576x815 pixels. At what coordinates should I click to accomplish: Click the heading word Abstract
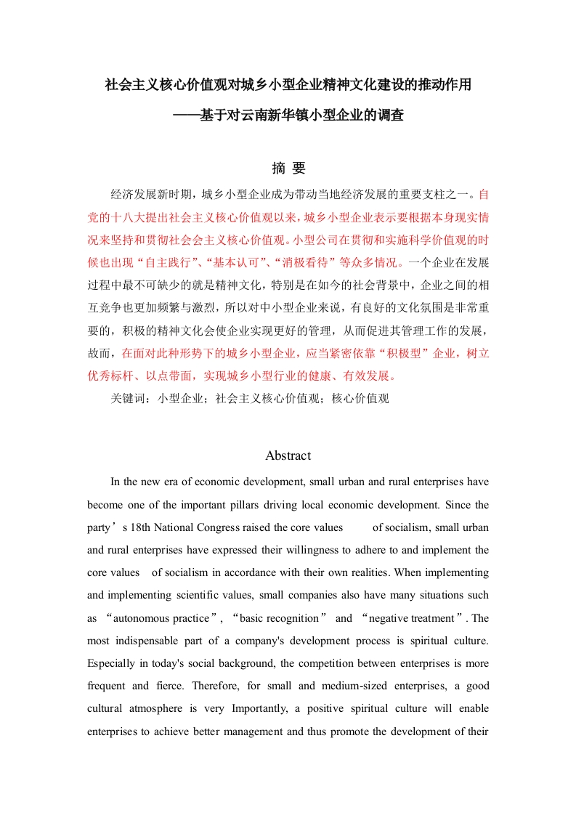tap(288, 455)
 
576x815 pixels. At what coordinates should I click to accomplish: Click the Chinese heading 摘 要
tap(288, 169)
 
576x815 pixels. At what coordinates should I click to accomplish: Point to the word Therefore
tap(222, 686)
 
